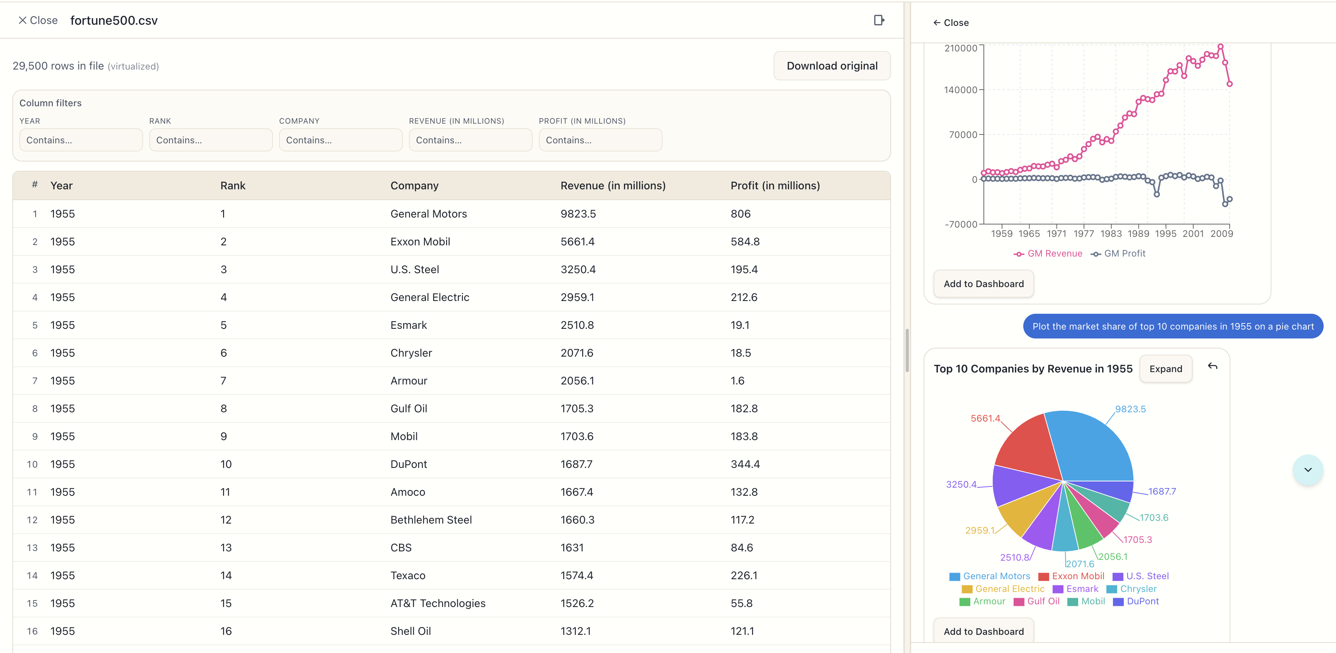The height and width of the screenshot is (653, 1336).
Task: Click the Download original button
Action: click(x=832, y=66)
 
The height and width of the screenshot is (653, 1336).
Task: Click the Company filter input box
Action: click(x=340, y=140)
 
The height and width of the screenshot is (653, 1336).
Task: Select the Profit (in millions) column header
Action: click(x=775, y=185)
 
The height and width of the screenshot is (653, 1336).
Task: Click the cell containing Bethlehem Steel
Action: click(x=431, y=520)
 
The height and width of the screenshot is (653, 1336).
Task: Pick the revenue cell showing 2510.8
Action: click(x=577, y=325)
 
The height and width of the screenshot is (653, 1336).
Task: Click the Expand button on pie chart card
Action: click(x=1166, y=369)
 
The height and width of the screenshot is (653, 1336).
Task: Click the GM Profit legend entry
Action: click(x=1119, y=253)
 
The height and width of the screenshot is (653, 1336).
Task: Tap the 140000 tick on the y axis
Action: click(x=960, y=90)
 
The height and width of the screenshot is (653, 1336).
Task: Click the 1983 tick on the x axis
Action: click(x=1111, y=234)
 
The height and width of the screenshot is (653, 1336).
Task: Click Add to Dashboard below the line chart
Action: click(x=983, y=284)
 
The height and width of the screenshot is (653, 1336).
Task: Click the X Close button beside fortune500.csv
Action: click(x=38, y=20)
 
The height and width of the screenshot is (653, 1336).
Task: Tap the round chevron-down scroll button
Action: click(x=1307, y=469)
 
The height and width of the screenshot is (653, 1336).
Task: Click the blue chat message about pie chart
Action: click(x=1172, y=326)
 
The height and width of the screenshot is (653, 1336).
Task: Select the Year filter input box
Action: click(x=81, y=140)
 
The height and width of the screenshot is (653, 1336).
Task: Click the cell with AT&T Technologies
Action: click(x=438, y=603)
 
